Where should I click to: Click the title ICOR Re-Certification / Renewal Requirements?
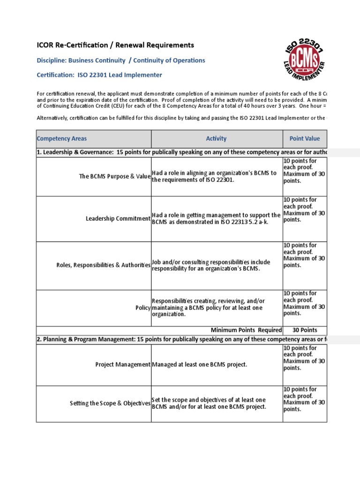[x=115, y=45]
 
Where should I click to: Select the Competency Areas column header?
[x=62, y=139]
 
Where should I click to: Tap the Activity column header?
[x=216, y=139]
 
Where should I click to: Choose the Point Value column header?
[x=305, y=139]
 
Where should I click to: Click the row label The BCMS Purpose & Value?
[x=114, y=177]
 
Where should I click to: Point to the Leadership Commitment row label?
[x=118, y=219]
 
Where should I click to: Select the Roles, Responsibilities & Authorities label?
[x=103, y=265]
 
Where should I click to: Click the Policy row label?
[x=143, y=308]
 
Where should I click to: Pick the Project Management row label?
[x=123, y=365]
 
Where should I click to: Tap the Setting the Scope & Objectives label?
[x=110, y=403]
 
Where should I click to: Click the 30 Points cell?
[x=305, y=330]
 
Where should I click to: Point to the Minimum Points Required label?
[x=246, y=330]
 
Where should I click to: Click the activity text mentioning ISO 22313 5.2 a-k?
[x=216, y=218]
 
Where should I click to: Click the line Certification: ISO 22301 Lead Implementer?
[x=99, y=75]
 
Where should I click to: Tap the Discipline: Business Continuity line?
[x=121, y=60]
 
